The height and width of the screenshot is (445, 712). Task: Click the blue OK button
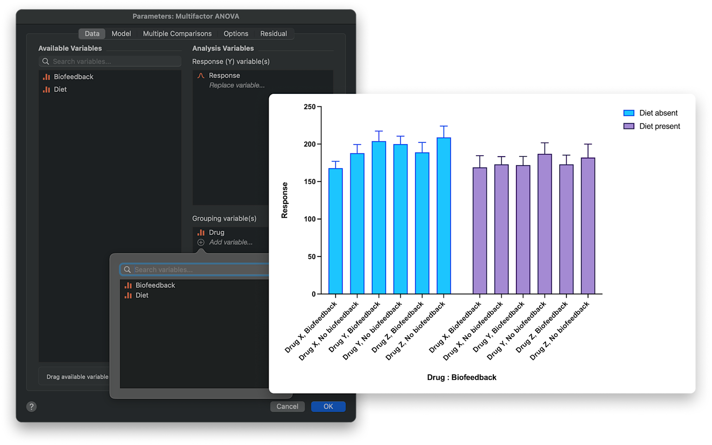click(328, 407)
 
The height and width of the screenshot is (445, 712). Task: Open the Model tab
click(121, 34)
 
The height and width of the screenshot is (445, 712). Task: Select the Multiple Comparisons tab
click(177, 34)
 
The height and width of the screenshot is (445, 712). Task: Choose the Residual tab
click(273, 34)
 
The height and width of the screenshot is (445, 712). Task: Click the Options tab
click(236, 34)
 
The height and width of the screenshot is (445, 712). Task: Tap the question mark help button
click(31, 407)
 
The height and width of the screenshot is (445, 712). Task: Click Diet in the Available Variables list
click(60, 90)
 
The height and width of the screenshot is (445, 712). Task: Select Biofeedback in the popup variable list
click(155, 286)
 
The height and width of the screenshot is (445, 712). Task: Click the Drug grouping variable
click(216, 232)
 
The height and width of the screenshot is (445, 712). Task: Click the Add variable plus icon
click(201, 243)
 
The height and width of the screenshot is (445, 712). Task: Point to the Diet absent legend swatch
click(629, 113)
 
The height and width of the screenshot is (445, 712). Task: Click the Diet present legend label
click(659, 127)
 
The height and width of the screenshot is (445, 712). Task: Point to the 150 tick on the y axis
click(310, 182)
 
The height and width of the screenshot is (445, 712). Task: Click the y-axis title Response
click(284, 200)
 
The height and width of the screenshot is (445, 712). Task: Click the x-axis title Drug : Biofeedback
click(461, 378)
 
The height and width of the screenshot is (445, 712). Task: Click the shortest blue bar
click(336, 231)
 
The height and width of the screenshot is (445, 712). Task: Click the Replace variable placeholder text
click(237, 85)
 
